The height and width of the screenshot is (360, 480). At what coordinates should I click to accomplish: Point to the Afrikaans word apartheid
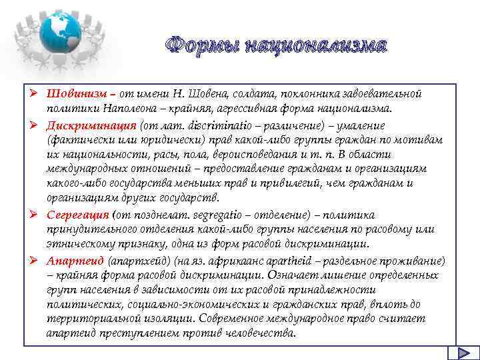280,261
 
